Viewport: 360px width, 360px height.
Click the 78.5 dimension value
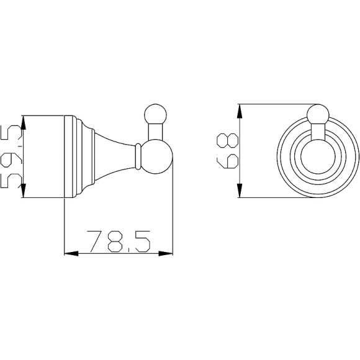click(119, 241)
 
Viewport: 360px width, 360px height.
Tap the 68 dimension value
click(228, 151)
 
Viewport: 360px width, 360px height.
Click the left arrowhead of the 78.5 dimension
click(71, 253)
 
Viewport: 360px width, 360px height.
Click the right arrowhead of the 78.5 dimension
click(166, 253)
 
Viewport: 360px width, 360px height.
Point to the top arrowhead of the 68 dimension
click(239, 111)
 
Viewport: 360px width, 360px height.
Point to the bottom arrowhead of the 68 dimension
click(239, 191)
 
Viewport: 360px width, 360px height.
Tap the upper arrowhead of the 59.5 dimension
click(23, 122)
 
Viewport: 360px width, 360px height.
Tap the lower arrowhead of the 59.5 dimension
click(23, 191)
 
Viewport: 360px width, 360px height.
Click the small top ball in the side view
click(155, 114)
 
